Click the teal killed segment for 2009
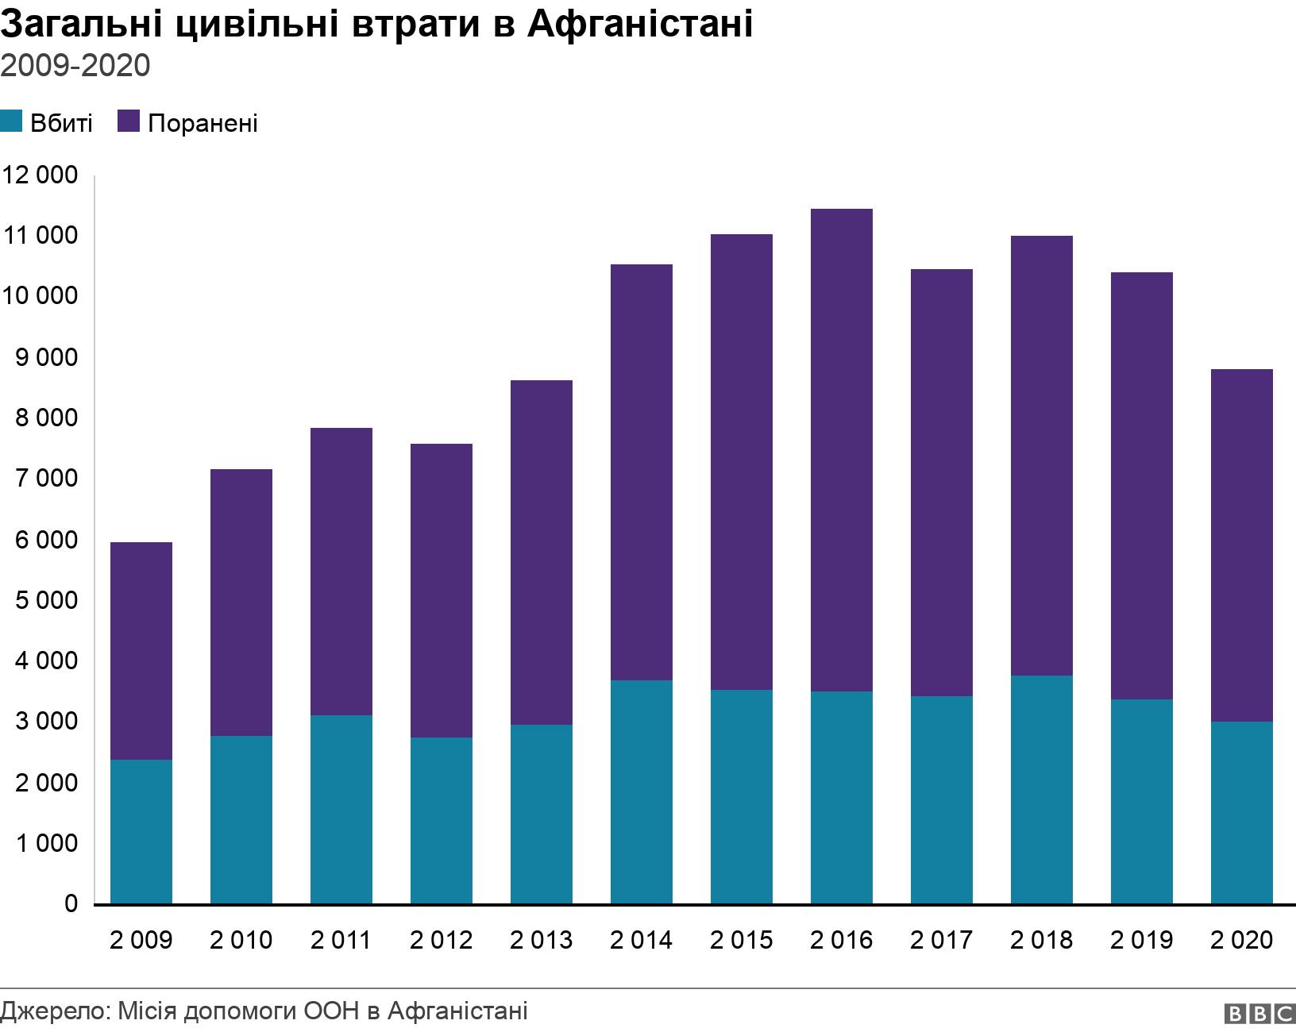tap(141, 831)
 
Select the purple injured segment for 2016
tap(842, 450)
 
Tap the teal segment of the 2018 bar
tap(1042, 789)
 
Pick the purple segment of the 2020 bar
tap(1242, 545)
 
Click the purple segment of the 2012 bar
tap(442, 591)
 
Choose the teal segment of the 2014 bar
tap(642, 791)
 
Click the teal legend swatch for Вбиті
tap(11, 122)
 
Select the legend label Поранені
tap(202, 124)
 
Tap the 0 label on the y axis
tap(71, 903)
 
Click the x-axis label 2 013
tap(541, 941)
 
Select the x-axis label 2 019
tap(1141, 941)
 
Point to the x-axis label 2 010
tap(241, 941)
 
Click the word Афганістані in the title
tap(639, 25)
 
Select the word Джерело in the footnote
tap(54, 1011)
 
